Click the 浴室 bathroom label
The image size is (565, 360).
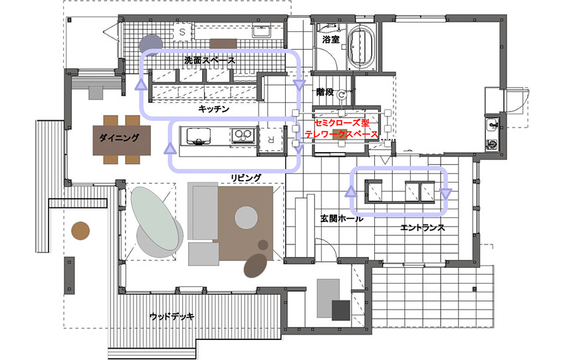331,39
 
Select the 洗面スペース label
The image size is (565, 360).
209,60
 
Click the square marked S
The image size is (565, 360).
182,32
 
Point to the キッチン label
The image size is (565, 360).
213,109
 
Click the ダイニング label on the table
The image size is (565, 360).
119,137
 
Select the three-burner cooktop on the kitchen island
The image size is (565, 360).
242,136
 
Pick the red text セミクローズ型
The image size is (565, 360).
342,122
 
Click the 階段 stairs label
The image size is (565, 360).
325,92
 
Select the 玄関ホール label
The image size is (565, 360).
342,219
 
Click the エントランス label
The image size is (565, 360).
423,228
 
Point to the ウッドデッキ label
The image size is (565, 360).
172,317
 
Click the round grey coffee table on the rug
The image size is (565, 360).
247,217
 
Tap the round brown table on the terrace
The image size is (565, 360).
80,230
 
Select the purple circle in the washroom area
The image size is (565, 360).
151,45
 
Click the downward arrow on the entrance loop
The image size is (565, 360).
446,194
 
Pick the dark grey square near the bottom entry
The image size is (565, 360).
341,310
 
